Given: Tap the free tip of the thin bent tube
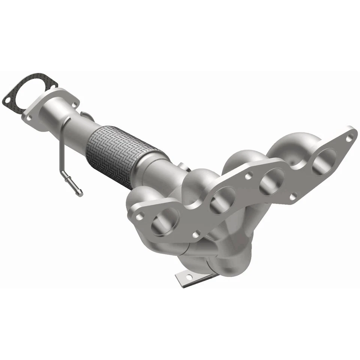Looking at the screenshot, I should (x=80, y=193).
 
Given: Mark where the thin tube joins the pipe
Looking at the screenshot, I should (x=68, y=120).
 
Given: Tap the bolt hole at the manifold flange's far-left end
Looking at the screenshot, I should (x=139, y=216).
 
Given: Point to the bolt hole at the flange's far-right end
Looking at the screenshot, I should (x=349, y=138).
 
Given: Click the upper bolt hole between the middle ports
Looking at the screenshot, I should (x=248, y=175).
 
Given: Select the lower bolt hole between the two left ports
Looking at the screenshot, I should (x=195, y=235).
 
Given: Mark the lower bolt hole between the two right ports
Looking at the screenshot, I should (x=293, y=196).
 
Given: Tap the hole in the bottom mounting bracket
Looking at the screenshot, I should (x=188, y=277).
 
